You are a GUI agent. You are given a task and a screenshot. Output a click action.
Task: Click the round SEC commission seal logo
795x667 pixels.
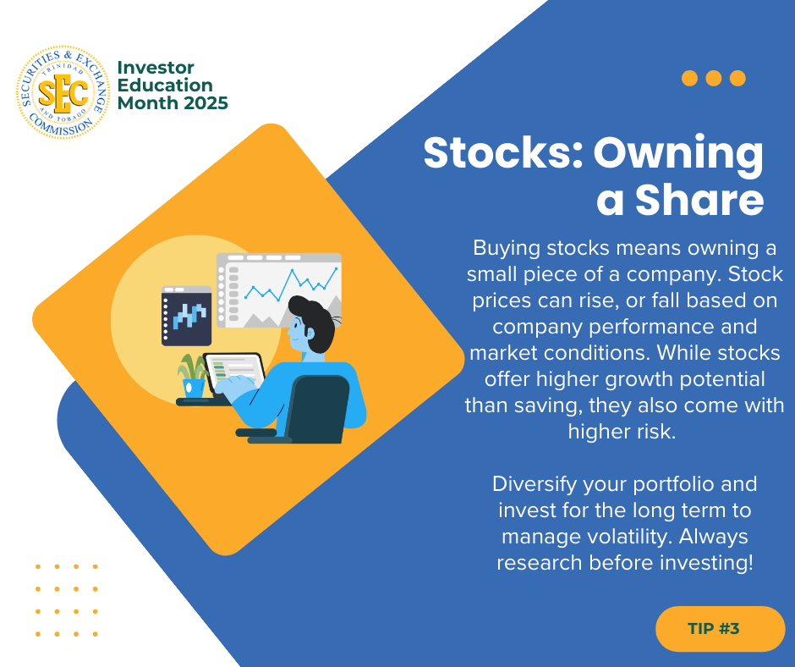(63, 92)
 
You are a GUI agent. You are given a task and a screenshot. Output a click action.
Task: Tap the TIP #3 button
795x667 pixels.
(720, 628)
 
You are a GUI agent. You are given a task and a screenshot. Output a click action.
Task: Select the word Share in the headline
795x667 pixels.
(699, 200)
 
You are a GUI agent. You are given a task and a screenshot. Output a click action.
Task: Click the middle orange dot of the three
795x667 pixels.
(713, 78)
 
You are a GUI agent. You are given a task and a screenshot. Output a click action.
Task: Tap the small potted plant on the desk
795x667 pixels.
(193, 376)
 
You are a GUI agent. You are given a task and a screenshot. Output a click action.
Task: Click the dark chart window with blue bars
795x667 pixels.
(186, 316)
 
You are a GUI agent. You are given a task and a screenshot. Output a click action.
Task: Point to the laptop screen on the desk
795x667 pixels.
(234, 371)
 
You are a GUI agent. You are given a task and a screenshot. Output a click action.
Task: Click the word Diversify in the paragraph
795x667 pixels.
(535, 484)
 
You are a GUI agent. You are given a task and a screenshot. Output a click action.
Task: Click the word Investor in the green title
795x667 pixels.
(156, 68)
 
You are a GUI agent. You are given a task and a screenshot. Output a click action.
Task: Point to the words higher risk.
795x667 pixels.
(622, 432)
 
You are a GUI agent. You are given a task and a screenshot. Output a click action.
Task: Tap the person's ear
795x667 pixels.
(310, 333)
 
